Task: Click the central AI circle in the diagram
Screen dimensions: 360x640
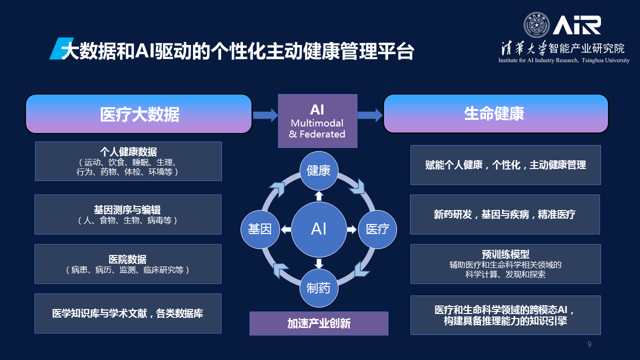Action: [x=318, y=229]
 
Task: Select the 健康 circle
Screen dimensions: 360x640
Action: [x=318, y=170]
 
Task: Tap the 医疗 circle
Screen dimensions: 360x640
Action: [x=377, y=229]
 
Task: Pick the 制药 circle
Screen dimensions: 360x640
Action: [x=318, y=288]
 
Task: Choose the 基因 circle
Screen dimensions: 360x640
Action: [x=260, y=229]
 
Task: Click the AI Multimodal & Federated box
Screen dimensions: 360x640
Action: [x=317, y=121]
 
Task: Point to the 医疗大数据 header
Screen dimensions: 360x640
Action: [x=138, y=114]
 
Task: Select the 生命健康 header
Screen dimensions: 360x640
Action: [x=495, y=114]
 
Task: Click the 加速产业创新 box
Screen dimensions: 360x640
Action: [x=318, y=323]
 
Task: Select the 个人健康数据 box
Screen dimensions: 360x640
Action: [x=128, y=161]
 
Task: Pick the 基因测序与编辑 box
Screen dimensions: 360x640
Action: [x=128, y=214]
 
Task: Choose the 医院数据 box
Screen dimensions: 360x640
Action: [x=128, y=264]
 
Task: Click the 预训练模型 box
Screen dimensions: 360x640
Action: [x=505, y=264]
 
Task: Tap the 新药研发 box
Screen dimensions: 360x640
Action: [x=505, y=214]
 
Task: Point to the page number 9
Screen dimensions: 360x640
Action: [x=589, y=344]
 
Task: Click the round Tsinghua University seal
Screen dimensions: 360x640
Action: [x=536, y=25]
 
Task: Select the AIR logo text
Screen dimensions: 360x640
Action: [x=576, y=25]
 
